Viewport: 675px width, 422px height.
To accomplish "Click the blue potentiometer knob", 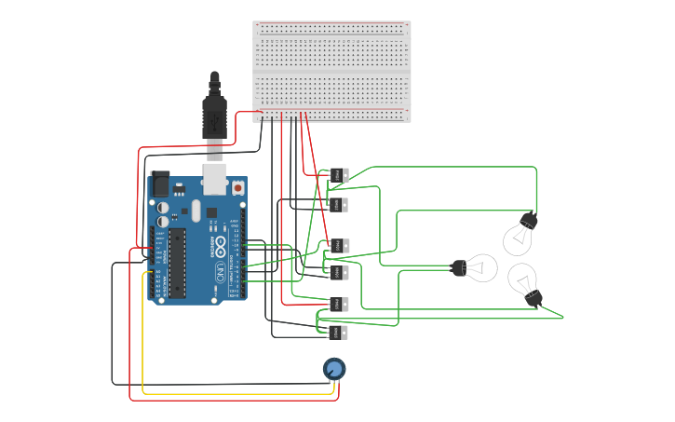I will tap(334, 369).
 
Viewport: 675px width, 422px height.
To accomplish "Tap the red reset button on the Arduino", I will tap(237, 188).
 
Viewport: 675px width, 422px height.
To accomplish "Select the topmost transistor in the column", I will tap(338, 174).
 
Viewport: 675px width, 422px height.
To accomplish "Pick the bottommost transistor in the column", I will tap(338, 333).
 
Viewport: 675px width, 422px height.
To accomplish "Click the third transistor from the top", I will tap(338, 246).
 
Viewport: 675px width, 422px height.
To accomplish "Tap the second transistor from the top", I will tap(338, 205).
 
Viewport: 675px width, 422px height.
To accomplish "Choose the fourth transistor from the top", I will tap(338, 273).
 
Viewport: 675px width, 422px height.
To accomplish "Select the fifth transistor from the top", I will tap(338, 304).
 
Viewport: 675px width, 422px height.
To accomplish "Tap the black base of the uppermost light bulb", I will tap(528, 221).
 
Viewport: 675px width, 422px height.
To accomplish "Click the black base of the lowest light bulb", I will tap(533, 298).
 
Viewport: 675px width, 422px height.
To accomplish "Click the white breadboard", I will tap(331, 71).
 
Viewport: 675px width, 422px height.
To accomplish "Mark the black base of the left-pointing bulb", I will tap(459, 268).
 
